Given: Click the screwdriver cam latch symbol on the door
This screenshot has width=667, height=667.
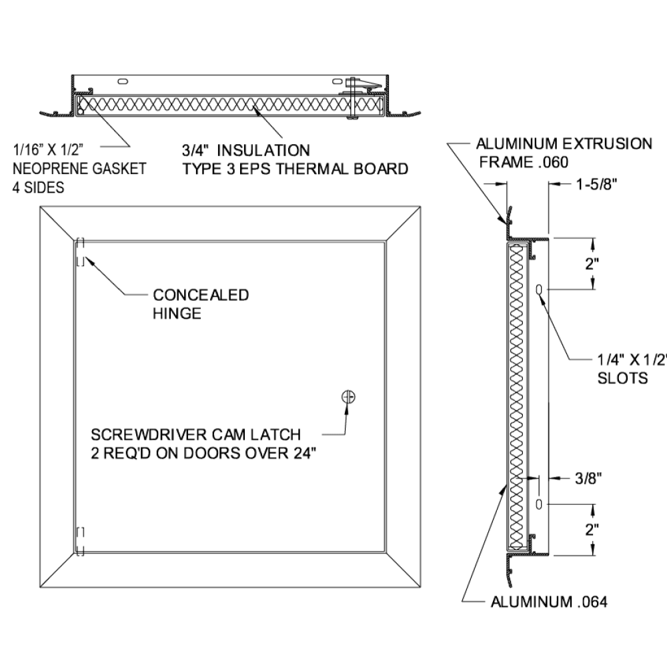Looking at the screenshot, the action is [348, 397].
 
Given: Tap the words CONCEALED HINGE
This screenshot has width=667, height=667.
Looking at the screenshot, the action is [201, 304].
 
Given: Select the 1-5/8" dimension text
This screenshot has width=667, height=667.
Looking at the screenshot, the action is [596, 184].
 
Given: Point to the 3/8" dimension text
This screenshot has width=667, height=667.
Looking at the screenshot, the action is [588, 478].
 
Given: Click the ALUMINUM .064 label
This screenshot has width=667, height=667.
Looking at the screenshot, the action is [549, 602].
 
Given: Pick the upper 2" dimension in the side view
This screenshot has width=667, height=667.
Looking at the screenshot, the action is [592, 263].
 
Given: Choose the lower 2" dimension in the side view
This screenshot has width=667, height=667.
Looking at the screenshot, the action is [592, 530].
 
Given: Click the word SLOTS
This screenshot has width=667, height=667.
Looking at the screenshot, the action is [622, 378].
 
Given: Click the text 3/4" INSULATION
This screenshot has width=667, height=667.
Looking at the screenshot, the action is [246, 151].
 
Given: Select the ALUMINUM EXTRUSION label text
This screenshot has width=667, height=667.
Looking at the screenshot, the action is [564, 144].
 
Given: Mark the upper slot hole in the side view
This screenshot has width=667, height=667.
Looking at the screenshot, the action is [538, 290].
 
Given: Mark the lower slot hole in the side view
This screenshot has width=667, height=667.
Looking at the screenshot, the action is [539, 504].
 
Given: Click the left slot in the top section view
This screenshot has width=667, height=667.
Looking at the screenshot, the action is [122, 81].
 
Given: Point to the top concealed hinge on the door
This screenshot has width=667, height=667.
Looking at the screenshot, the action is [80, 252].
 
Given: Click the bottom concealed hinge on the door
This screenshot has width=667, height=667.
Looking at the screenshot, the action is [80, 541].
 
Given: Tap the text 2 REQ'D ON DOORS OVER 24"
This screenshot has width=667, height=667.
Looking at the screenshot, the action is [203, 454].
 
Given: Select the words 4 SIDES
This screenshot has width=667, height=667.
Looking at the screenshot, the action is [38, 187].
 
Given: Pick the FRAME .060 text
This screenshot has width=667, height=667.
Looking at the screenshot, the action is [524, 163].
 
